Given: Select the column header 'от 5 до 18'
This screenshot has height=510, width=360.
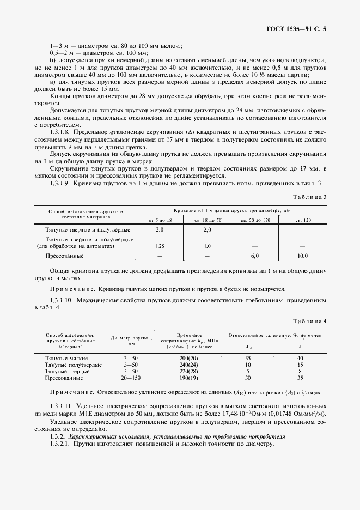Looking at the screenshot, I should tap(160, 219).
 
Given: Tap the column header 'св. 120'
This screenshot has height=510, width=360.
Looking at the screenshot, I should tap(303, 219).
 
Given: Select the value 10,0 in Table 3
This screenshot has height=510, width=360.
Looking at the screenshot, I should tap(303, 256).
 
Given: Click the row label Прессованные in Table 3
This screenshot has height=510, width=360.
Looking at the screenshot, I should tap(64, 256).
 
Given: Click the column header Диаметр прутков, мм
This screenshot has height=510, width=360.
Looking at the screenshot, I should tap(131, 341).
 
